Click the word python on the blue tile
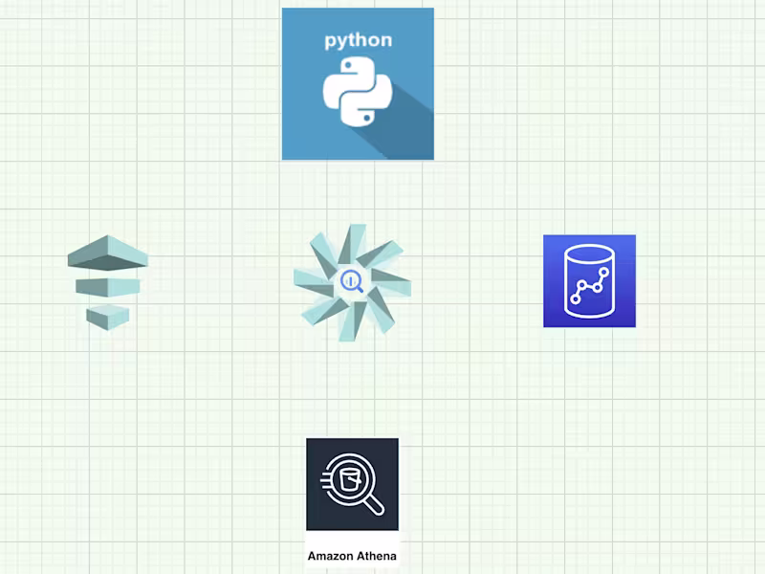pyautogui.click(x=358, y=40)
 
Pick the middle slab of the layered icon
pyautogui.click(x=108, y=286)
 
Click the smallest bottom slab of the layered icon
pyautogui.click(x=107, y=315)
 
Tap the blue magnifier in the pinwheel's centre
pyautogui.click(x=351, y=281)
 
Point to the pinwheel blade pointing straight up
pyautogui.click(x=356, y=242)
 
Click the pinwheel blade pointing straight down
pyautogui.click(x=348, y=318)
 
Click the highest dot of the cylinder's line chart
pyautogui.click(x=606, y=271)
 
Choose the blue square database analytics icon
pyautogui.click(x=589, y=281)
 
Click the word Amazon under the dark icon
pyautogui.click(x=327, y=556)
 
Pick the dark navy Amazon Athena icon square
pyautogui.click(x=352, y=484)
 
